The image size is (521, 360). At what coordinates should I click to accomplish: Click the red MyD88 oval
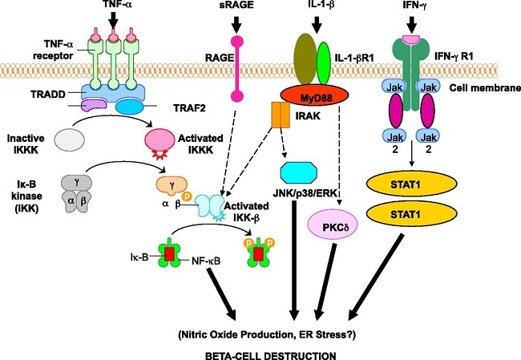pos(315,97)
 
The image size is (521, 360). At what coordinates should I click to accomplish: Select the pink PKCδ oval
pos(333,226)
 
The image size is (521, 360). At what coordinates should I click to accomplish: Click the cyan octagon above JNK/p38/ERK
pos(299,172)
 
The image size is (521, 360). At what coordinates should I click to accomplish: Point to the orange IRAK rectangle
pos(281,115)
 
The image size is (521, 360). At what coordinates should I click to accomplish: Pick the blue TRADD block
pos(113,92)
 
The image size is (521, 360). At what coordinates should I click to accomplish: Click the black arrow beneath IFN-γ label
pos(412,23)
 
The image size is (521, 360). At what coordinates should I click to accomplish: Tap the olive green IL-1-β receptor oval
pos(305,59)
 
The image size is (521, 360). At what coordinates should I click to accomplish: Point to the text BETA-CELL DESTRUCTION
pos(270,355)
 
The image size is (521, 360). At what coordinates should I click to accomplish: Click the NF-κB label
pos(206,261)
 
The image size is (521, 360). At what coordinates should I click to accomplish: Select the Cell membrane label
pos(485,88)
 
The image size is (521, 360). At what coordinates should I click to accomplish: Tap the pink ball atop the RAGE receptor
pos(237,42)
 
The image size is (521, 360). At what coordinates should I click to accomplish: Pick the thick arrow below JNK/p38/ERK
pos(294,261)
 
